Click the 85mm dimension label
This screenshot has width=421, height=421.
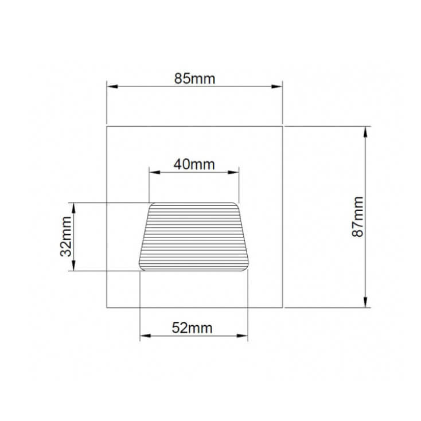click(194, 79)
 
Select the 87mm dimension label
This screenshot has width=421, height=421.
click(358, 217)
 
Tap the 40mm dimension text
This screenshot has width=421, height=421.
click(194, 164)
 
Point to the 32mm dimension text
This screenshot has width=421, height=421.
click(66, 236)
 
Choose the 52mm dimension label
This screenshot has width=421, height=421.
click(192, 328)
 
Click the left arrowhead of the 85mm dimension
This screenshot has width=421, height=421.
click(112, 87)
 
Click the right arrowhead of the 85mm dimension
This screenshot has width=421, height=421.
click(277, 87)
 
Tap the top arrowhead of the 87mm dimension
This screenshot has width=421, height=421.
click(365, 132)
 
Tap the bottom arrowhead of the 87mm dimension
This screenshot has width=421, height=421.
click(365, 302)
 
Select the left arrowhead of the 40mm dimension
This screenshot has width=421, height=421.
click(155, 172)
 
